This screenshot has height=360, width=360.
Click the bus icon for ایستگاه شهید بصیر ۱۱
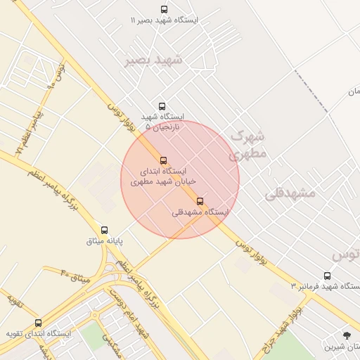pyautogui.click(x=164, y=9)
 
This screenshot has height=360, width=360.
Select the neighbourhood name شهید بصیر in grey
pyautogui.click(x=153, y=60)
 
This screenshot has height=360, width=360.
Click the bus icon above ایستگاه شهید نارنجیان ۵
pyautogui.click(x=162, y=106)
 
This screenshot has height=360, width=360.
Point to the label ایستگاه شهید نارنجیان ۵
pyautogui.click(x=162, y=122)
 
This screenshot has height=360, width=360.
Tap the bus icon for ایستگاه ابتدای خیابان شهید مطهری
pyautogui.click(x=164, y=160)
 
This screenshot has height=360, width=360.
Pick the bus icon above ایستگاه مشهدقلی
pyautogui.click(x=200, y=201)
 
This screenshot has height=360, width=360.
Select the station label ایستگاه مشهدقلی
pyautogui.click(x=200, y=212)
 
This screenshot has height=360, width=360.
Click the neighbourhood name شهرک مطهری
pyautogui.click(x=247, y=143)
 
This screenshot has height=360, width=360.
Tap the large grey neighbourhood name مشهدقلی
pyautogui.click(x=291, y=193)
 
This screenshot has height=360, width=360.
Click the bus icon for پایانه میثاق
pyautogui.click(x=105, y=230)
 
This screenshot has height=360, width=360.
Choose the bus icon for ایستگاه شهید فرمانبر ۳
pyautogui.click(x=327, y=276)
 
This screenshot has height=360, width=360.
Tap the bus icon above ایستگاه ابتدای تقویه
pyautogui.click(x=38, y=323)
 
